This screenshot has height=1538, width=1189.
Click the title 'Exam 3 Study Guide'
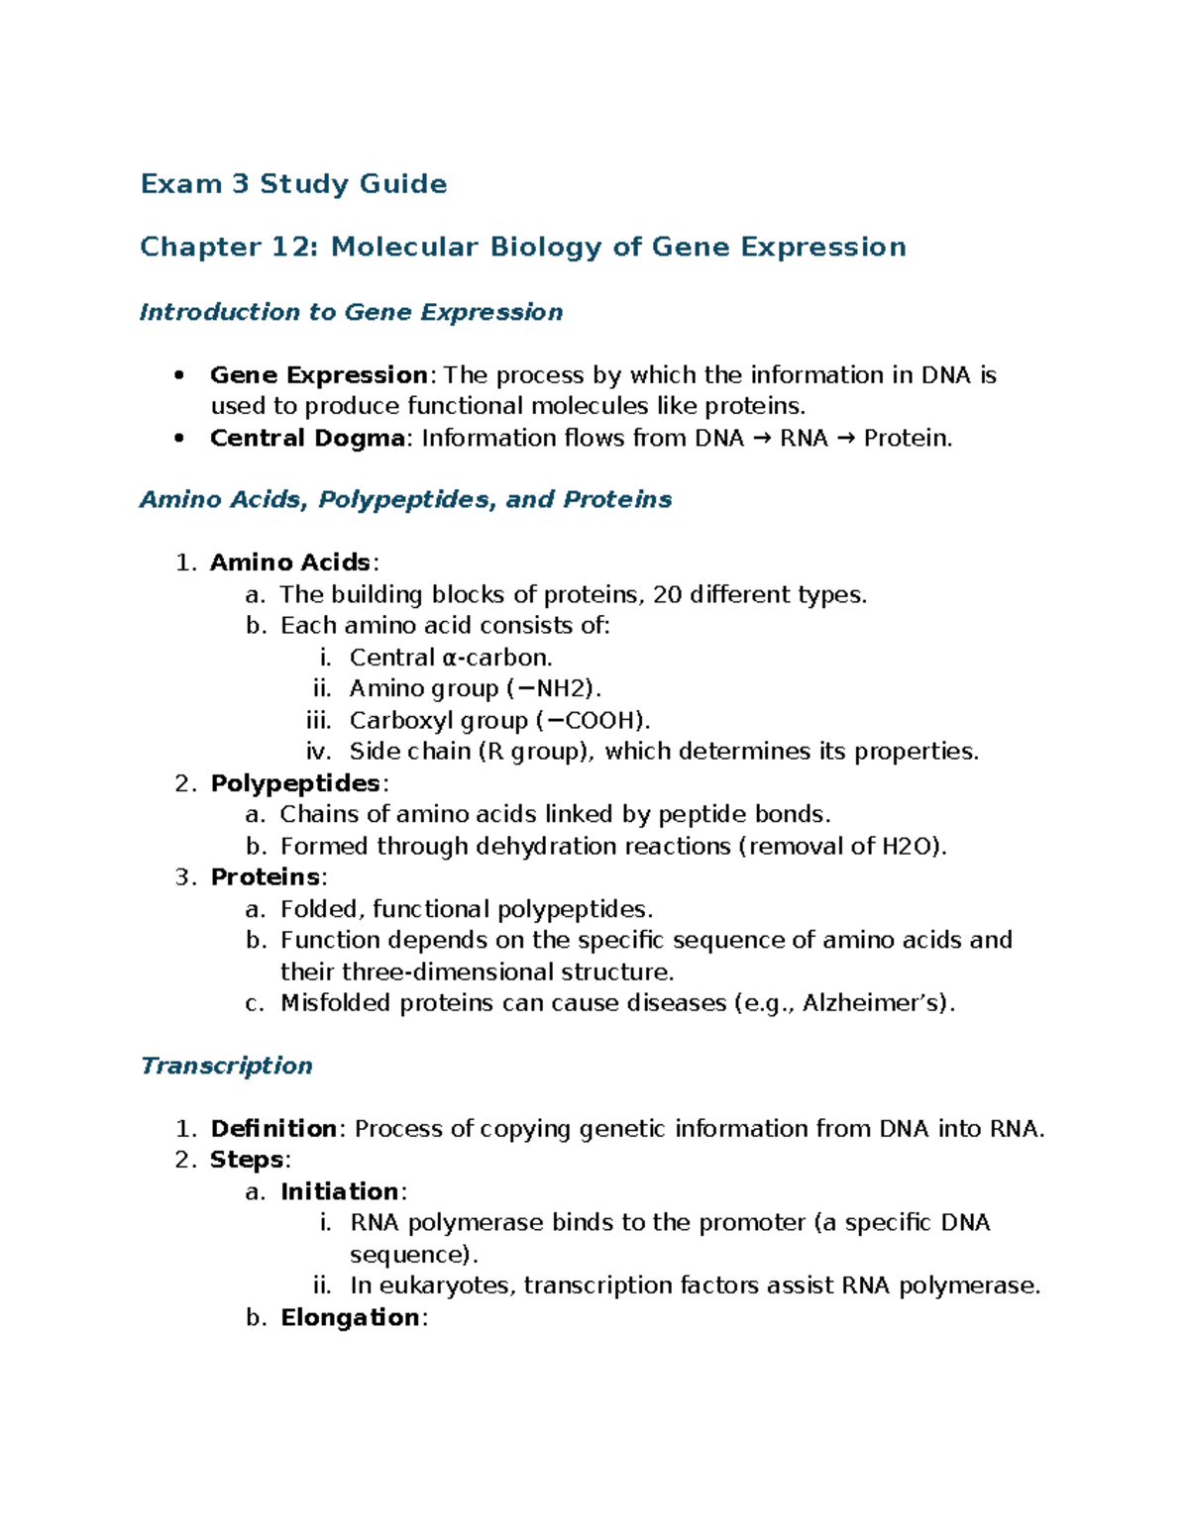click(x=293, y=184)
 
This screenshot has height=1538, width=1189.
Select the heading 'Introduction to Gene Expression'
click(x=351, y=312)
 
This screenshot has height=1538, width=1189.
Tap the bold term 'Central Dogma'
click(x=307, y=438)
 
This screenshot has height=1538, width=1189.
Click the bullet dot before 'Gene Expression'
click(x=178, y=375)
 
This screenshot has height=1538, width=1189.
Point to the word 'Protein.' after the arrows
click(x=908, y=438)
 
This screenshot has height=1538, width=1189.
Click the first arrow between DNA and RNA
click(x=762, y=438)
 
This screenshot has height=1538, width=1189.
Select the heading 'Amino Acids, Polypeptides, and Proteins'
click(x=405, y=499)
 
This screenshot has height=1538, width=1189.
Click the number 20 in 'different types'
click(x=668, y=594)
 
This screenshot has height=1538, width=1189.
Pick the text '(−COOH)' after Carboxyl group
click(x=593, y=720)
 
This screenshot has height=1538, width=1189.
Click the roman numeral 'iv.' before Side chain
click(x=319, y=752)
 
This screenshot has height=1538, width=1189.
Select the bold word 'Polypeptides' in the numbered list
click(x=295, y=783)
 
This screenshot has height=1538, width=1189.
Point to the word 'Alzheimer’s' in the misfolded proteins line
click(x=875, y=1003)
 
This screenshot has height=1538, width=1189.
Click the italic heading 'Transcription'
click(x=226, y=1066)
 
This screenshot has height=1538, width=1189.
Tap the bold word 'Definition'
click(x=273, y=1129)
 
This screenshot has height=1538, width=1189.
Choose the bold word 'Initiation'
click(x=339, y=1191)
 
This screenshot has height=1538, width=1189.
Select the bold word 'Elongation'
click(x=350, y=1317)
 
